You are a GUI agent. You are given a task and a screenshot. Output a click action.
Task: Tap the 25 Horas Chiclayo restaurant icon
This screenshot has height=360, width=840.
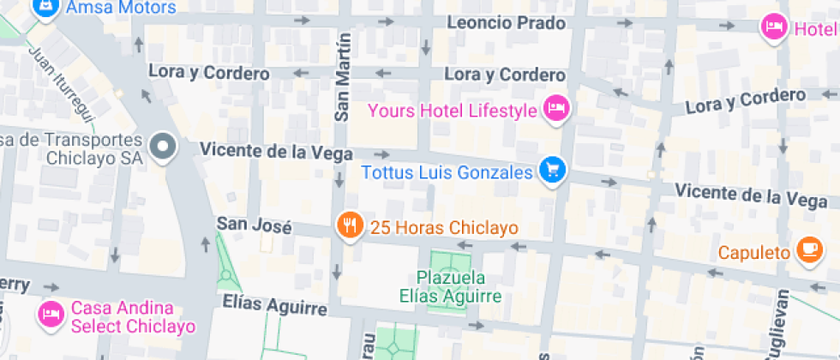(348, 226)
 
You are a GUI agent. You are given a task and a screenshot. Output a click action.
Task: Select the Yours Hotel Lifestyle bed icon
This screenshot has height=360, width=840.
(557, 109)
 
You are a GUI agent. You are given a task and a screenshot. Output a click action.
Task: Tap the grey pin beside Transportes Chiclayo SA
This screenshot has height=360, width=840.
(161, 147)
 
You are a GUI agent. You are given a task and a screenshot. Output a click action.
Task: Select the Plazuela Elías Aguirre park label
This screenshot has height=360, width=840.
(451, 287)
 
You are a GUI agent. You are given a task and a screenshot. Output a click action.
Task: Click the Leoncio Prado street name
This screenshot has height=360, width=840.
(507, 23)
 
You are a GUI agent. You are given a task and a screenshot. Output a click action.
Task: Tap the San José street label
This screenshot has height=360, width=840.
(254, 225)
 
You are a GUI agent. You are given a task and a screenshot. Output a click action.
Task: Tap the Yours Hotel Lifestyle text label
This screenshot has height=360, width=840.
(452, 111)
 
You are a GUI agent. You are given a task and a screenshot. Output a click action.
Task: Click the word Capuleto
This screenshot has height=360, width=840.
(753, 252)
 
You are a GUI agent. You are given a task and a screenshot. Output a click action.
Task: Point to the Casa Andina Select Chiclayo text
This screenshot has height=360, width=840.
(134, 317)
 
